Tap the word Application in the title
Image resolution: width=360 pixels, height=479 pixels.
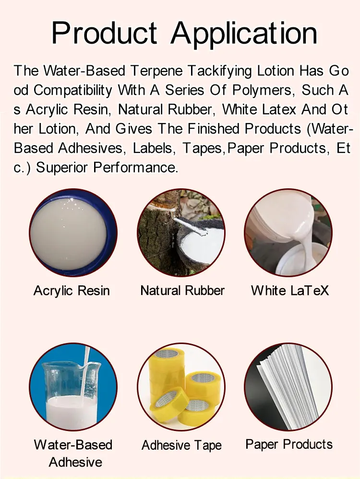pos(244,34)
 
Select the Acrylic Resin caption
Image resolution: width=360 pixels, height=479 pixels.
pos(72,291)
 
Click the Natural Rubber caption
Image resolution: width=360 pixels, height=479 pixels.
pos(182,291)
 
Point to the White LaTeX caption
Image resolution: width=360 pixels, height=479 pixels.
pos(289,291)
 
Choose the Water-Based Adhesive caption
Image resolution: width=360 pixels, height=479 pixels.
pos(73,453)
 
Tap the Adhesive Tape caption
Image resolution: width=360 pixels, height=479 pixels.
pos(181,445)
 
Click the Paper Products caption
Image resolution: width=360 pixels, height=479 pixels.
pos(289,444)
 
